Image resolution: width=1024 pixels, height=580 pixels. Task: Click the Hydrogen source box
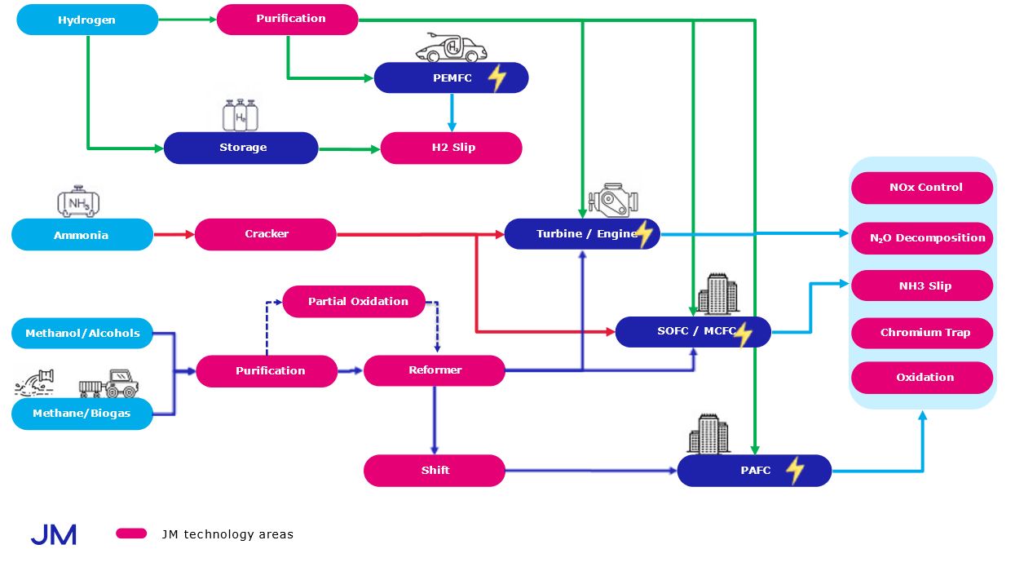coord(87,20)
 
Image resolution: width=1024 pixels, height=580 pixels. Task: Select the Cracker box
coord(266,234)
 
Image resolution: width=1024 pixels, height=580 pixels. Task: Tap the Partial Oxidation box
coord(354,301)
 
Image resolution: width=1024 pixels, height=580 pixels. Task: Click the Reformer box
coord(435,370)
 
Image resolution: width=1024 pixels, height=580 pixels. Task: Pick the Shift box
coord(435,471)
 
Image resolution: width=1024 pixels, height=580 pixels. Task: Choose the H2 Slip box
coord(452,148)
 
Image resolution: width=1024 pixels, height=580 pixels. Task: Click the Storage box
coord(241,148)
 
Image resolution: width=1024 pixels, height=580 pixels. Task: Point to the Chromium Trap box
coord(922,333)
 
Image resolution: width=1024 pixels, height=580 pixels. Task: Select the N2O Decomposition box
coord(922,238)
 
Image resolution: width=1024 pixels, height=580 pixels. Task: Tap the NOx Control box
coord(922,188)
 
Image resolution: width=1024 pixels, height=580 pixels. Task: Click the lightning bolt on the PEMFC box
coord(497,78)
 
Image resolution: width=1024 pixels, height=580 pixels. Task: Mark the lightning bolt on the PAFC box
coord(794,471)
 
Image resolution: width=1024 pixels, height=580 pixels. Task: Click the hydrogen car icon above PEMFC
coord(451,48)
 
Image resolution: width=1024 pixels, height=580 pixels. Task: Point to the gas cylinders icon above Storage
coord(241,115)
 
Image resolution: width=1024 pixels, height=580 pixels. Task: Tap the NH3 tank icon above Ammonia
coord(79,201)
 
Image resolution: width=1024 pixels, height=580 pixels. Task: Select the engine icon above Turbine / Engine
coord(612,201)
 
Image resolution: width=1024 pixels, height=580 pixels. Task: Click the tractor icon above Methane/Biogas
coord(108,383)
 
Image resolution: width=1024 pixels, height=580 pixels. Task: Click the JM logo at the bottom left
coord(54,535)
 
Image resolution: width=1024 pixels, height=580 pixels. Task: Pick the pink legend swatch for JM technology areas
coord(131,534)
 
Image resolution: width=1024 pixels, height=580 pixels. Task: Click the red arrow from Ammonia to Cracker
coord(174,234)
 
